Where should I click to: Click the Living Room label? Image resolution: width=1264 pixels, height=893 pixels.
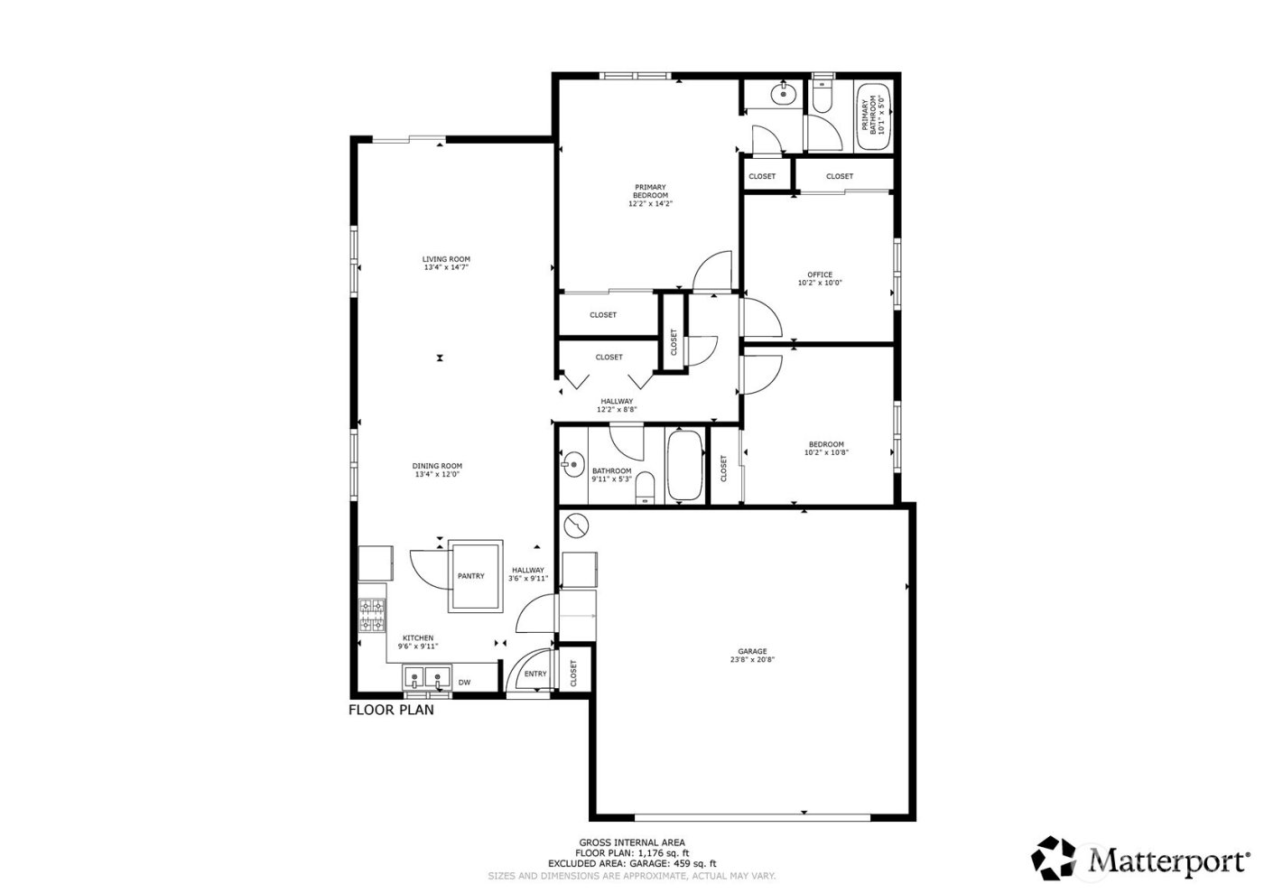click(x=446, y=259)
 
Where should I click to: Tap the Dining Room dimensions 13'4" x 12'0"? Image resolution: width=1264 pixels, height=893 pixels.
click(x=438, y=474)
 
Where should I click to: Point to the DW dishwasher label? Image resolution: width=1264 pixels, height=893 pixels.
click(x=464, y=683)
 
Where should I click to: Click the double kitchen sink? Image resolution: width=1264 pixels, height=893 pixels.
click(x=427, y=677)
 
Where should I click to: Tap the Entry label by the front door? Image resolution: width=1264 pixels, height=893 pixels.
click(x=535, y=674)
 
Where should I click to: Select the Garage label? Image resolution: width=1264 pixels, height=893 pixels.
click(x=752, y=651)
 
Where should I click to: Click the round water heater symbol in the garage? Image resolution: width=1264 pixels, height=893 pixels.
click(x=575, y=524)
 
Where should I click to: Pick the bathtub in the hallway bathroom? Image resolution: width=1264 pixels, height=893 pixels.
click(x=686, y=466)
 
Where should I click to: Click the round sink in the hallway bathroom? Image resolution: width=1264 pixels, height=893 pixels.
click(x=572, y=466)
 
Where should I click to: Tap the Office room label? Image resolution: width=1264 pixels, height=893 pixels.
click(x=820, y=274)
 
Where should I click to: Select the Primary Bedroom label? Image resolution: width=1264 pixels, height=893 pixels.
click(x=650, y=191)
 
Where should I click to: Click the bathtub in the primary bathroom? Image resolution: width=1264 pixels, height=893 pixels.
click(x=873, y=116)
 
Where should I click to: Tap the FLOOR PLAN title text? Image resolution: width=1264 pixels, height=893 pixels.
click(x=391, y=710)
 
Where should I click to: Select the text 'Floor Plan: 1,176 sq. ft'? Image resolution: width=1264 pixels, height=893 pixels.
click(x=632, y=853)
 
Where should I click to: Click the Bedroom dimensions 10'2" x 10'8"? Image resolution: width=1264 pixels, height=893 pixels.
click(x=826, y=452)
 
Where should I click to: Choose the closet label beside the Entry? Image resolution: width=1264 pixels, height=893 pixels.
click(x=573, y=673)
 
